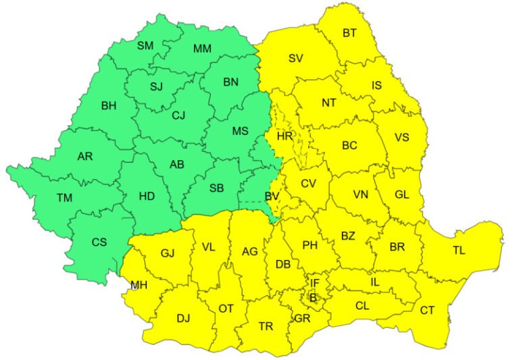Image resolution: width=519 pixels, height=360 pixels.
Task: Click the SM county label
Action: tap(145, 46)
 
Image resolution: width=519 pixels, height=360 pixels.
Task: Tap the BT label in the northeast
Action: tap(349, 32)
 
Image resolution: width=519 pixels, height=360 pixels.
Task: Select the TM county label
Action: tap(64, 198)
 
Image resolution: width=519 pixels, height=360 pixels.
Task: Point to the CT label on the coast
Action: tap(427, 310)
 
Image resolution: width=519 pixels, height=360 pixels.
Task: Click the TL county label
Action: tap(459, 251)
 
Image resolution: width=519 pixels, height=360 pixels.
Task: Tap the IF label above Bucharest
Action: tap(315, 283)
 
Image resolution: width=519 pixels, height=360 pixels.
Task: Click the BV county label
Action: tap(272, 197)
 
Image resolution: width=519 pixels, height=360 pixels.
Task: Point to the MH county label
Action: tap(139, 285)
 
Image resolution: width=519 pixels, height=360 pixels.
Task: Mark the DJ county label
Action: tap(182, 317)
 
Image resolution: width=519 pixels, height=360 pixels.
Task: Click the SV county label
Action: tap(295, 58)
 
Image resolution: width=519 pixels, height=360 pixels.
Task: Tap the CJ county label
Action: tap(178, 115)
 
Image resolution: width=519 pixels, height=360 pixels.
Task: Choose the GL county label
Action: tap(402, 195)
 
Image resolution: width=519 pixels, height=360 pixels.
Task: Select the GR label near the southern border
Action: tap(302, 318)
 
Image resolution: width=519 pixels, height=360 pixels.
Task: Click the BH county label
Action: tap(108, 105)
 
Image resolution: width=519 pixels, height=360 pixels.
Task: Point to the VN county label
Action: tap(361, 195)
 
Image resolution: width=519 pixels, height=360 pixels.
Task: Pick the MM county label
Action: tap(202, 49)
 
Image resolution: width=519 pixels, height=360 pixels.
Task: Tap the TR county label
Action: tap(266, 326)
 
